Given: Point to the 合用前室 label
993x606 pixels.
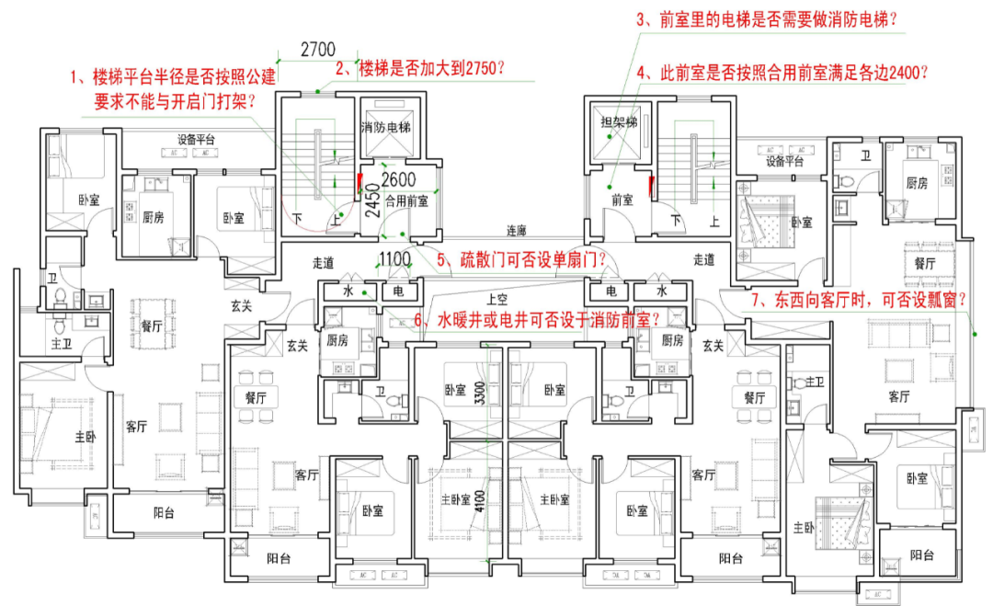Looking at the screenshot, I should tap(406, 200).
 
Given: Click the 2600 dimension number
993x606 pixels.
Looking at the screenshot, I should tap(398, 179).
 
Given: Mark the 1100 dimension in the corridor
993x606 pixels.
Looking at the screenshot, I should tap(394, 259).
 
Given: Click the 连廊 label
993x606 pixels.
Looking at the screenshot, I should tap(518, 230).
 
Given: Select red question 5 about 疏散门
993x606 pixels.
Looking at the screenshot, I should tap(521, 260).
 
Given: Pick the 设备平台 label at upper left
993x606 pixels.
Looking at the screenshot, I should tap(196, 140).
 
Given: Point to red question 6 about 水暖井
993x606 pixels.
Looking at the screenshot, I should tap(537, 320).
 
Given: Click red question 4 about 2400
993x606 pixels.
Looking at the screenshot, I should tap(782, 72).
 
